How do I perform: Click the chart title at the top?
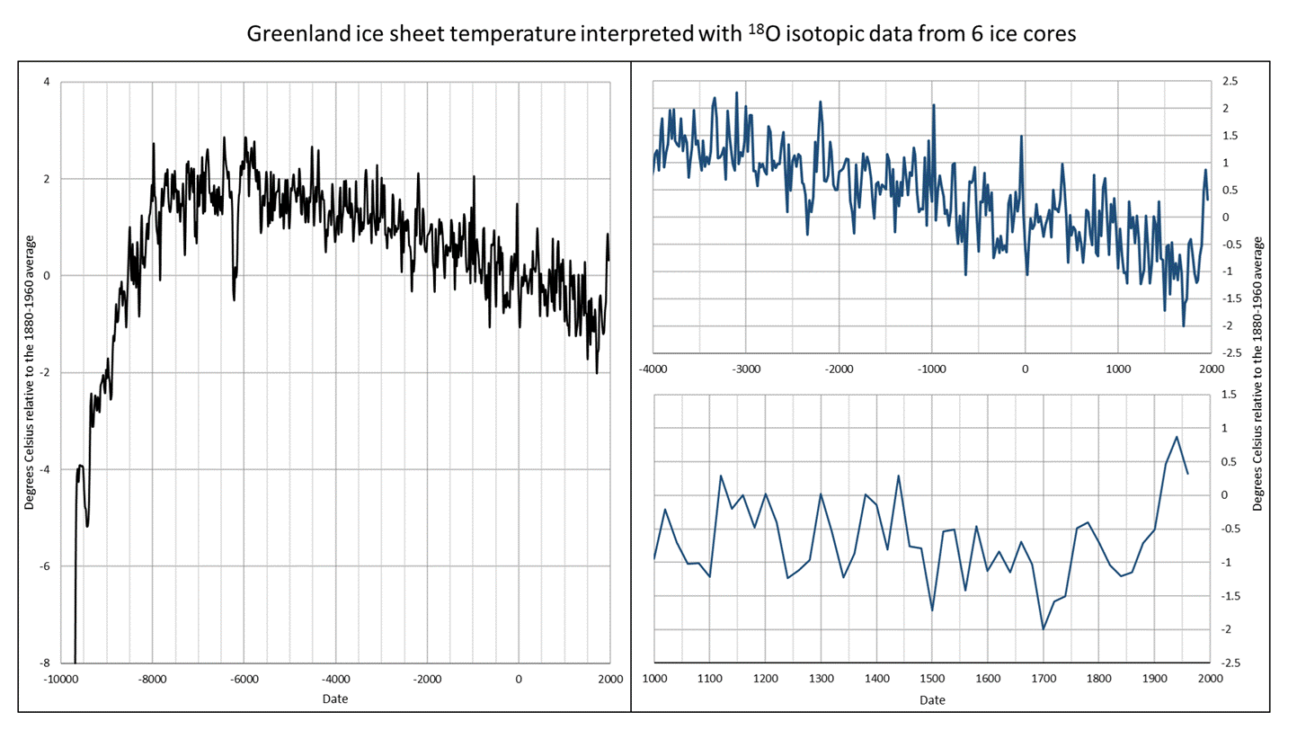[x=662, y=33]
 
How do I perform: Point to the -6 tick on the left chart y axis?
[x=45, y=566]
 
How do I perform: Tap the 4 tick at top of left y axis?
[x=47, y=82]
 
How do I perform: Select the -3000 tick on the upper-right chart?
[x=746, y=369]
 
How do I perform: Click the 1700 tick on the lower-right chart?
[x=1044, y=679]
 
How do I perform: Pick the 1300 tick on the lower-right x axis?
[x=821, y=679]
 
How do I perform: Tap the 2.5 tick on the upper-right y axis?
[x=1230, y=81]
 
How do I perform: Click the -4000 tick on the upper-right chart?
[x=653, y=369]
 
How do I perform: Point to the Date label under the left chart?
[x=335, y=699]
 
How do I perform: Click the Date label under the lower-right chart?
[x=932, y=699]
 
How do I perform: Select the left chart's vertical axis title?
[x=29, y=372]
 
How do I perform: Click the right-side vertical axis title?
[x=1257, y=374]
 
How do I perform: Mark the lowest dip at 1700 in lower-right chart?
[x=1044, y=629]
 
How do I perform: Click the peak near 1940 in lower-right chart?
[x=1177, y=437]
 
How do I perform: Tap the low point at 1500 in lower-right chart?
[x=932, y=610]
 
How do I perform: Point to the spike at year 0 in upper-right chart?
[x=1021, y=136]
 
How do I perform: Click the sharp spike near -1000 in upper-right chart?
[x=933, y=105]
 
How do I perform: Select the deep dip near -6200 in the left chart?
[x=234, y=299]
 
